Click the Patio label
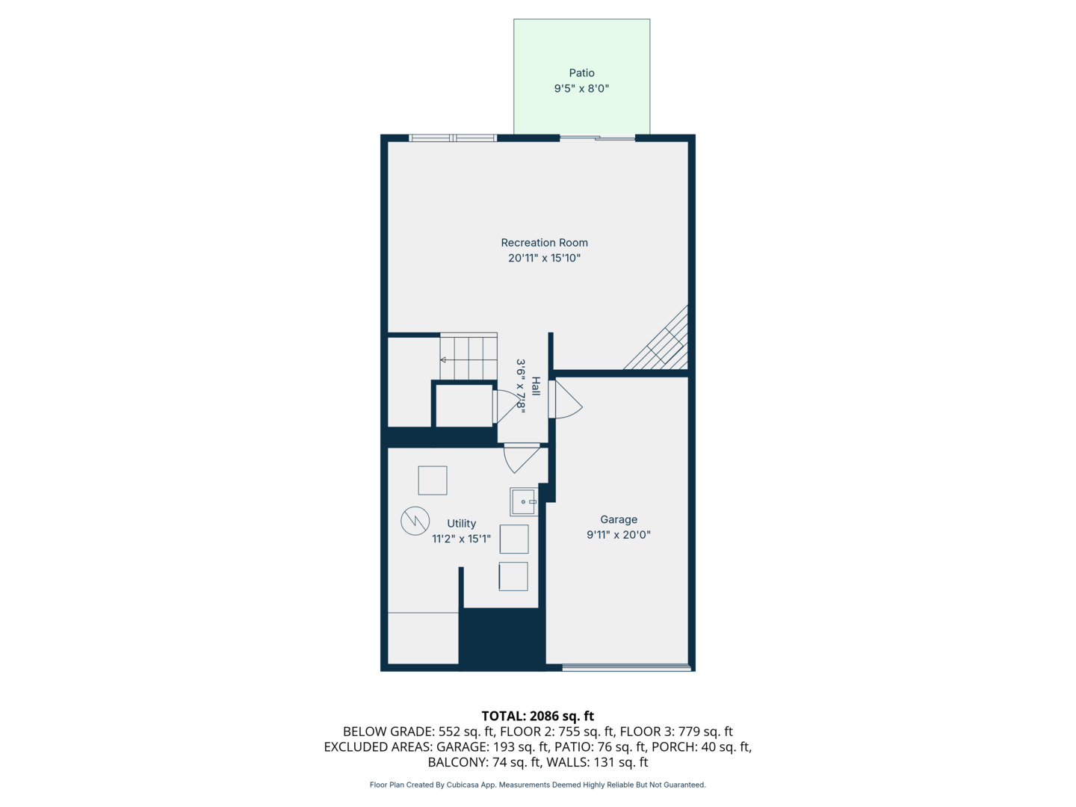581,73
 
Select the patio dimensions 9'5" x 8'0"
581,89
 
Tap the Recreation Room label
544,243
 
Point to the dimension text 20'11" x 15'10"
544,259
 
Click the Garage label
619,519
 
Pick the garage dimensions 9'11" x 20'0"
619,535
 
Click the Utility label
461,524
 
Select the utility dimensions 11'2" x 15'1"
461,539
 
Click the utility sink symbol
523,502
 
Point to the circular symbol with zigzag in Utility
415,521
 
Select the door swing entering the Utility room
522,457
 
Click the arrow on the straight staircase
443,360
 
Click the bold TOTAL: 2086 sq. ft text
537,716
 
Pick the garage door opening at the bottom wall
626,667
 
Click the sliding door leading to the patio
597,137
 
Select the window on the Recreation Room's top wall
453,138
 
